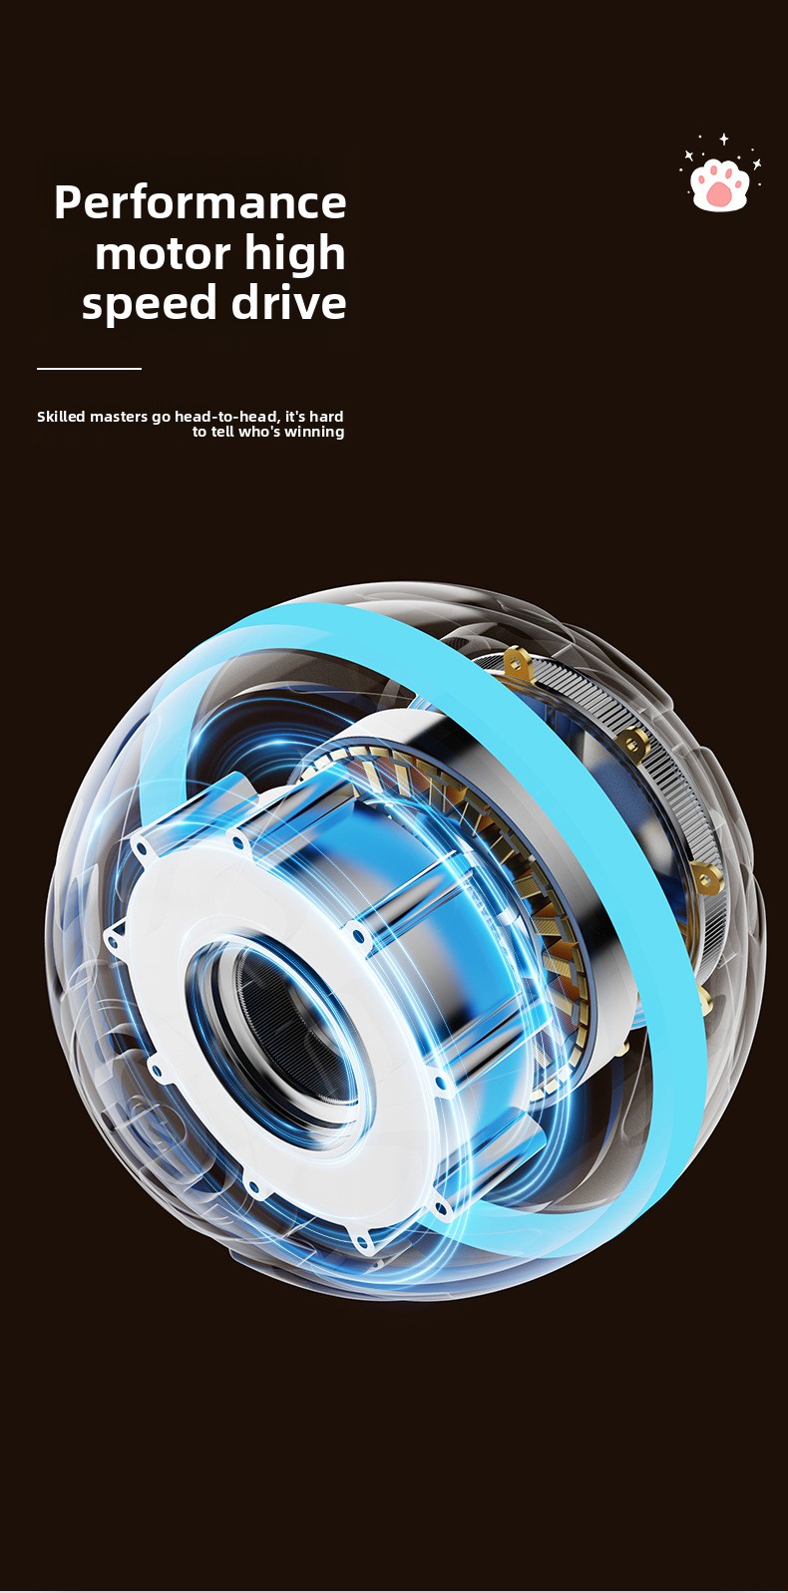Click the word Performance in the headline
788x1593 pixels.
pos(200,202)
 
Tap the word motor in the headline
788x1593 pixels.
pos(163,253)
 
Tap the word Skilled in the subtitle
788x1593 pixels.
pos(61,416)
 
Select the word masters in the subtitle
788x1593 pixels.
pos(119,417)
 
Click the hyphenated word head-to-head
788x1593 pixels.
pos(227,417)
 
